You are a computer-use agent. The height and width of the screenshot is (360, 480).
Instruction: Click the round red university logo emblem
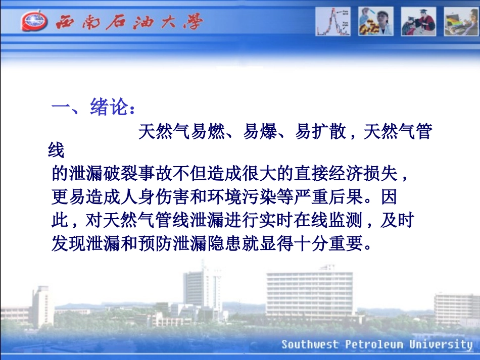(x=34, y=22)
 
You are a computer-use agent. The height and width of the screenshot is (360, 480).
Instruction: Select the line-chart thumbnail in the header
(x=333, y=22)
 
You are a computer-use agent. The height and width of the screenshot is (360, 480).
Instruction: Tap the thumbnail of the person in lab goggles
(x=375, y=22)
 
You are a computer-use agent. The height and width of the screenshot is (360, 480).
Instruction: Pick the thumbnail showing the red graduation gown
(x=418, y=22)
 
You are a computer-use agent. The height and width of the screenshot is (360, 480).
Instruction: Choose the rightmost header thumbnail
(x=461, y=22)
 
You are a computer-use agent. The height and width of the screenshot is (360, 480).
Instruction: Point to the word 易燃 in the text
(x=207, y=132)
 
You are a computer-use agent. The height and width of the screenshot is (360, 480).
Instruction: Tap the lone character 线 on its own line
(x=57, y=150)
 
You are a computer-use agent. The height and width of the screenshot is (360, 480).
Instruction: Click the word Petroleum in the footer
(x=375, y=345)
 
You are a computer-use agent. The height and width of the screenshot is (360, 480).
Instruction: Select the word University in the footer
(x=441, y=345)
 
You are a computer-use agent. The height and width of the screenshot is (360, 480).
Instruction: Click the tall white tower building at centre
(x=203, y=288)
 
